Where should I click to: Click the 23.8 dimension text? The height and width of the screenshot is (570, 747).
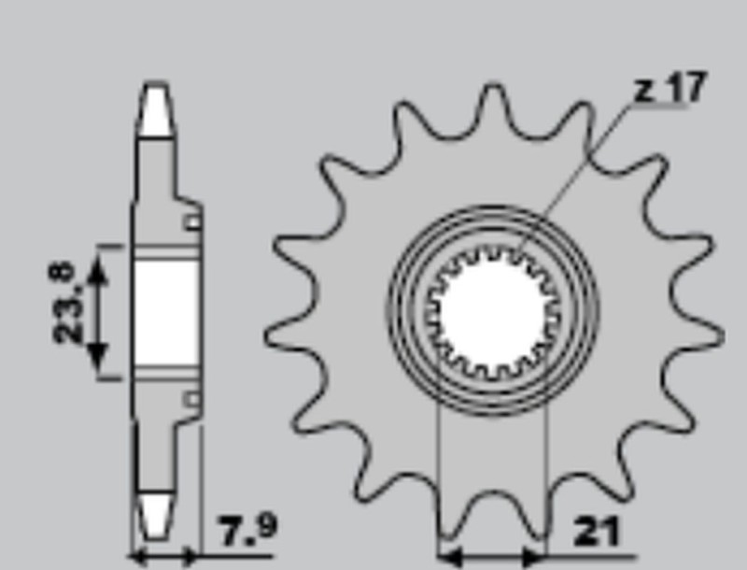(x=65, y=301)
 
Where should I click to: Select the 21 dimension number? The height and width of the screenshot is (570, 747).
(x=597, y=533)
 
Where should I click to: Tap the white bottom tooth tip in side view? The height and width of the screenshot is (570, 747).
(x=156, y=514)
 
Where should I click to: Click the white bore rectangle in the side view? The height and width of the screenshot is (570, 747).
(x=165, y=312)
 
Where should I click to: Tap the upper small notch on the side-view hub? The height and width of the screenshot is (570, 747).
(x=191, y=222)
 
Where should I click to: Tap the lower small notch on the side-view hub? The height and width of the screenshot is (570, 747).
(x=191, y=400)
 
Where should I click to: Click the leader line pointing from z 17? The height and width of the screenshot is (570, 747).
(x=579, y=168)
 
